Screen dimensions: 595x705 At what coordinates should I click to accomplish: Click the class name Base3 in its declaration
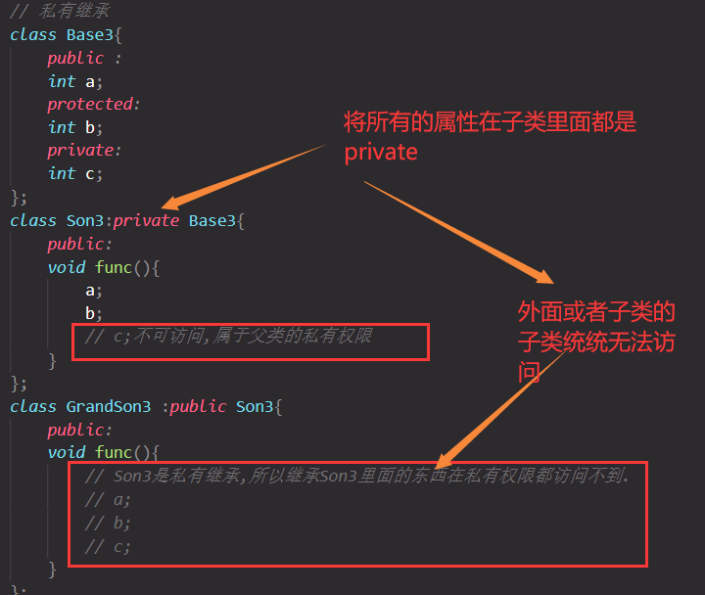click(90, 34)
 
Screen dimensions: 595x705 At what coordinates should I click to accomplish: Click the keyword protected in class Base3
click(92, 104)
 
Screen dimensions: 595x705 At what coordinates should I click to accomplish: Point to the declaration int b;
click(75, 127)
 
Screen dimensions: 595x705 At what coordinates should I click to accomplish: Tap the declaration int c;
click(75, 173)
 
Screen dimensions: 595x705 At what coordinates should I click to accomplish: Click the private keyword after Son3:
click(146, 220)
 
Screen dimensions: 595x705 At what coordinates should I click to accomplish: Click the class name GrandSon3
click(109, 406)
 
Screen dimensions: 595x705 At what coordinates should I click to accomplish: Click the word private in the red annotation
click(381, 152)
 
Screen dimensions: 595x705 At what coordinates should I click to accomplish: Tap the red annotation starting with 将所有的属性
click(490, 123)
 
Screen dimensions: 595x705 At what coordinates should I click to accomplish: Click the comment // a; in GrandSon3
click(108, 499)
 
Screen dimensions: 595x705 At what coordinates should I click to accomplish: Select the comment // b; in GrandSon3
click(108, 523)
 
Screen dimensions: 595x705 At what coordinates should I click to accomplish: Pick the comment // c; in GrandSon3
click(108, 546)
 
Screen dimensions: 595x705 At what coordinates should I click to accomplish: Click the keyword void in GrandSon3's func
click(66, 452)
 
